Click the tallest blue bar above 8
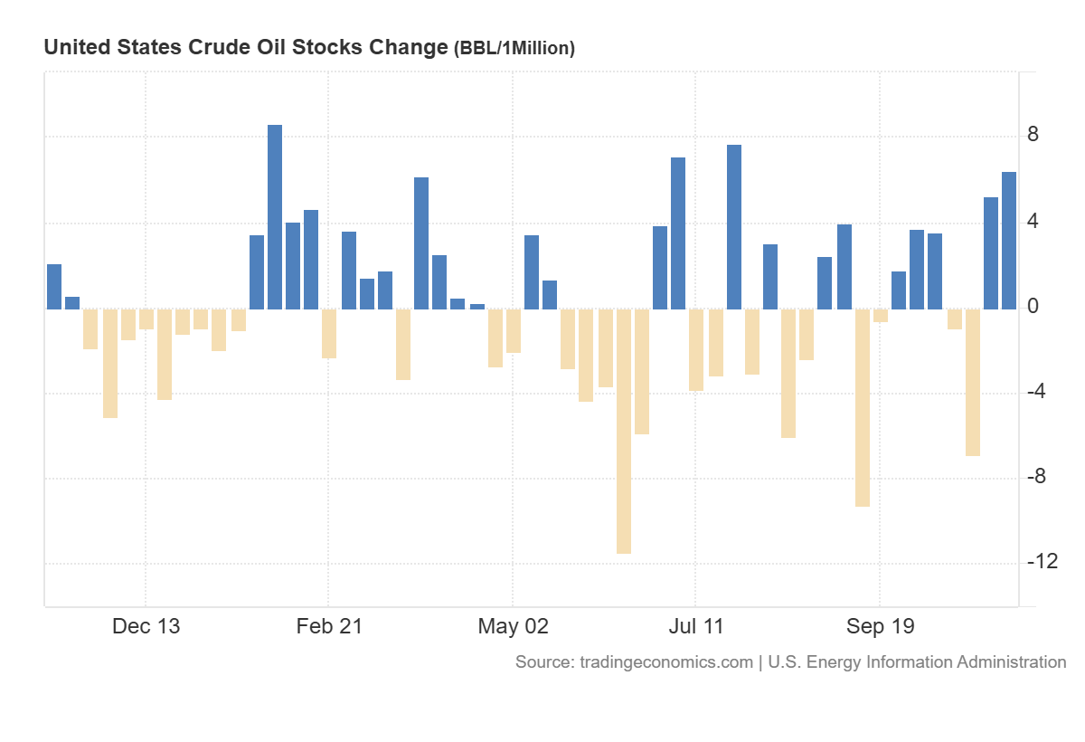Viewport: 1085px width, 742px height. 275,217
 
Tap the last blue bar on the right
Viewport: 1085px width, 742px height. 1009,241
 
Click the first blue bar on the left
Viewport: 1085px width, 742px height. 54,287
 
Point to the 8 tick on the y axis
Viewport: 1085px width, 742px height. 1033,136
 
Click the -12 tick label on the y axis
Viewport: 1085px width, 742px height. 1043,562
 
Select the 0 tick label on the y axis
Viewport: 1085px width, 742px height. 1033,308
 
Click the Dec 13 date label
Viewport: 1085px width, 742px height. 146,626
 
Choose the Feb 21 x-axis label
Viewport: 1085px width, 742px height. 329,626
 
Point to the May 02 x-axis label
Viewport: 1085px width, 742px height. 513,626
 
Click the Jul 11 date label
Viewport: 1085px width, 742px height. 696,626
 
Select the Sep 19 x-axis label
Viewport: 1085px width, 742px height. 880,626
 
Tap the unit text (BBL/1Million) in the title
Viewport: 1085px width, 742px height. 514,49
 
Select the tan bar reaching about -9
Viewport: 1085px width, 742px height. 863,407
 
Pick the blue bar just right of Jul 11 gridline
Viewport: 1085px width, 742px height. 734,226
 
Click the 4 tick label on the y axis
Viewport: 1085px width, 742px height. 1033,222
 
